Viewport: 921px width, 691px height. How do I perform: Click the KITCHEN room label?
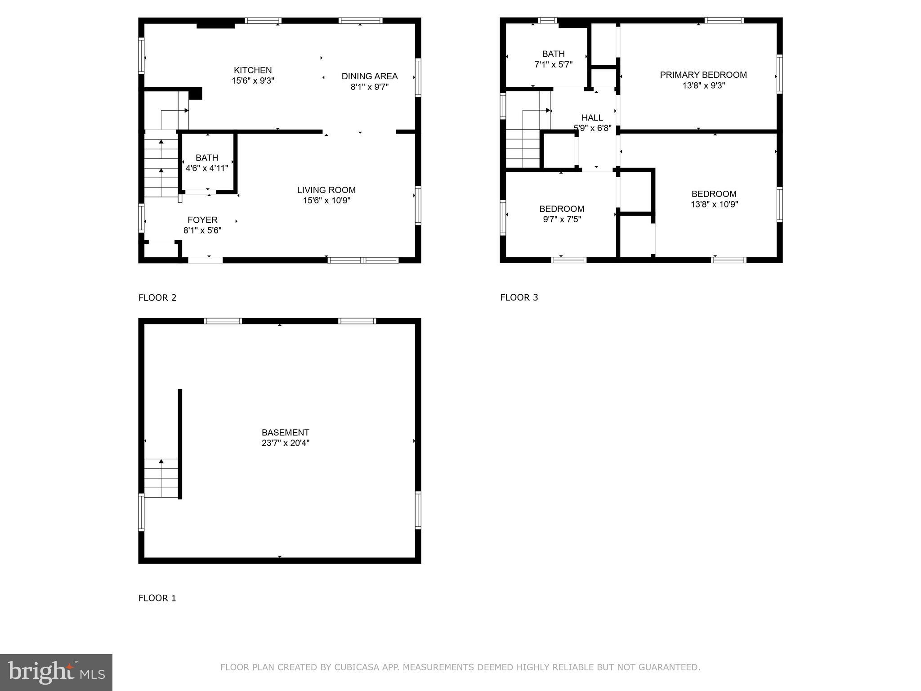click(x=253, y=70)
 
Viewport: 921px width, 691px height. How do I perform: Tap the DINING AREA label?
click(x=369, y=76)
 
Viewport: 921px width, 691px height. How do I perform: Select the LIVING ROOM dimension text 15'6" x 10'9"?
click(x=326, y=201)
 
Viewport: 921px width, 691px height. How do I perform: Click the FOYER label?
click(x=202, y=220)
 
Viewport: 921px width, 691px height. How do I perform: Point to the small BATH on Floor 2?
click(x=207, y=162)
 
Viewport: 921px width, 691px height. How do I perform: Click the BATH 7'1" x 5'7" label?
click(x=553, y=59)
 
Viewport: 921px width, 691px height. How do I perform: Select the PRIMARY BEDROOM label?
click(x=703, y=75)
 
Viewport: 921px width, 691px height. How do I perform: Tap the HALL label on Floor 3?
click(x=592, y=118)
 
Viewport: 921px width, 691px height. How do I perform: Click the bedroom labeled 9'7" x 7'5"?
click(x=562, y=214)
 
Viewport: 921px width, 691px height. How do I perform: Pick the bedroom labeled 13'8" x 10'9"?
click(x=714, y=199)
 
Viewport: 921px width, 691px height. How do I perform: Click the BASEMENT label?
click(x=285, y=432)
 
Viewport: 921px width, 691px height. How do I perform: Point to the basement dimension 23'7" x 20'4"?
click(x=285, y=443)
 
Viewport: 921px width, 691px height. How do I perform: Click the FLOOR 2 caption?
click(x=157, y=298)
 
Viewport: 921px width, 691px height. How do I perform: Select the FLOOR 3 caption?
click(x=519, y=297)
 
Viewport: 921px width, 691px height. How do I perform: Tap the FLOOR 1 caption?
click(x=157, y=598)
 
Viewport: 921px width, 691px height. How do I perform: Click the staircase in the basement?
click(x=161, y=478)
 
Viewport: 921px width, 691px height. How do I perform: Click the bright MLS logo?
click(x=56, y=672)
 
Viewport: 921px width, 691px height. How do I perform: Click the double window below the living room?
click(x=363, y=260)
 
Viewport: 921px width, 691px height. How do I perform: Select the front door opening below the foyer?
click(x=205, y=260)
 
